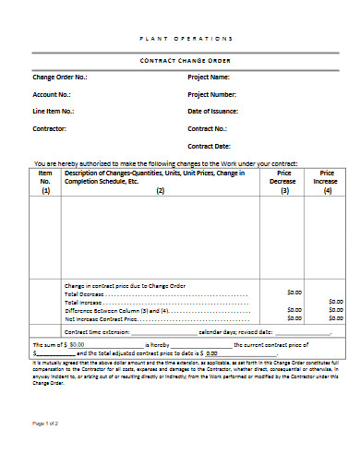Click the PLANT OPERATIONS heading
[186, 38]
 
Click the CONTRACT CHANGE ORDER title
[186, 59]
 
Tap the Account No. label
[52, 94]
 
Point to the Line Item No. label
[54, 111]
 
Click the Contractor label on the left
[49, 128]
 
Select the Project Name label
[209, 77]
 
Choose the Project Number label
[212, 94]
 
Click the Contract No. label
[208, 128]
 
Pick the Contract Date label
[210, 145]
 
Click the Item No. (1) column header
[45, 182]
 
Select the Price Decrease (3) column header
[284, 182]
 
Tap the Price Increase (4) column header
[327, 182]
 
